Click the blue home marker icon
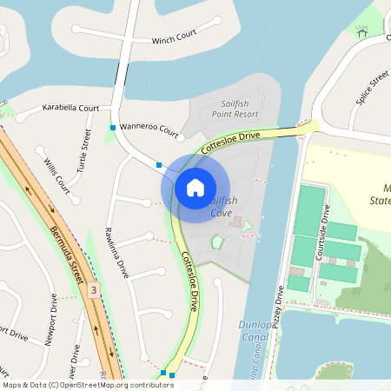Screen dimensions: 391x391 click(195, 187)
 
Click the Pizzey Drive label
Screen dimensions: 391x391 click(280, 307)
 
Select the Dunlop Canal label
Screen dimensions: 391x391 click(251, 331)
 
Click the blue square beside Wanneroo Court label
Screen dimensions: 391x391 click(113, 129)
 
